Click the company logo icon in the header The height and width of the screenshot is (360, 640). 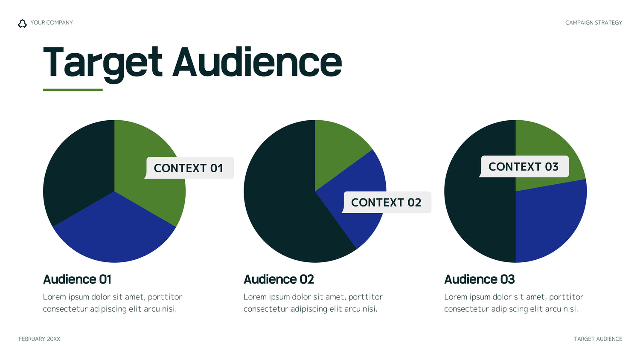click(x=22, y=23)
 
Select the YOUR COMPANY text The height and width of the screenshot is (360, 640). click(x=52, y=23)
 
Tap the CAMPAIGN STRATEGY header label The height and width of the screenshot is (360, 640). click(x=593, y=23)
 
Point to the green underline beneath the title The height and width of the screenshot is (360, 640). click(x=73, y=90)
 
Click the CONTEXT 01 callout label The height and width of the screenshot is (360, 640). click(x=189, y=168)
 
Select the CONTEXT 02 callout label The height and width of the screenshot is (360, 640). click(x=386, y=202)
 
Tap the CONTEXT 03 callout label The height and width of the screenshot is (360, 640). click(x=524, y=167)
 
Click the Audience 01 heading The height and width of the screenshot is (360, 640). click(x=77, y=279)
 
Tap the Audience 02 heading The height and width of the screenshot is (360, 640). click(x=279, y=279)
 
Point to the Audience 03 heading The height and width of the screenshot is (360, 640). click(x=480, y=279)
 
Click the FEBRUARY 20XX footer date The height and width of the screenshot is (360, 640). click(x=39, y=339)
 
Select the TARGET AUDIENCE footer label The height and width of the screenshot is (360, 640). click(x=598, y=339)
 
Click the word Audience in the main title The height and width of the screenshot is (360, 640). click(x=257, y=62)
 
